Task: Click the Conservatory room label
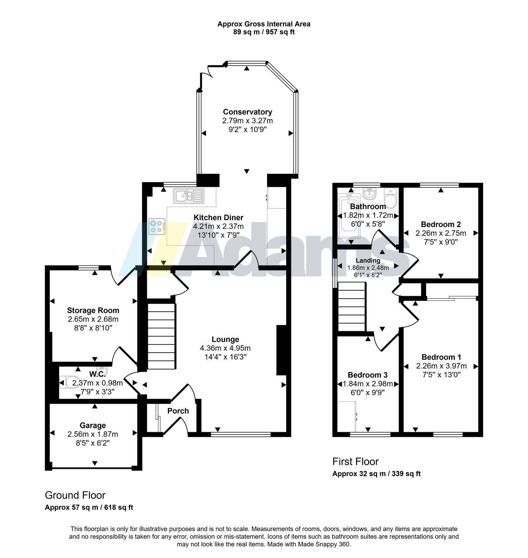click(x=247, y=112)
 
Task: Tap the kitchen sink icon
click(x=189, y=196)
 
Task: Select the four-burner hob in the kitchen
click(x=157, y=227)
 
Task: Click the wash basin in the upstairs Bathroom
click(x=369, y=194)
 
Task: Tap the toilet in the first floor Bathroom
click(x=391, y=198)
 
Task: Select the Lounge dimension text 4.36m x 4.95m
click(x=225, y=348)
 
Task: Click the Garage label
click(x=93, y=426)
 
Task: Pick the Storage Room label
click(x=93, y=310)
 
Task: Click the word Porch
click(x=178, y=411)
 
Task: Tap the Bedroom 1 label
click(x=442, y=357)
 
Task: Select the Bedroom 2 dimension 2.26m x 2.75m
click(x=441, y=233)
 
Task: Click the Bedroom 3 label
click(x=368, y=375)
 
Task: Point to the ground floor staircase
click(x=161, y=336)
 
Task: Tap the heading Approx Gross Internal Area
click(x=264, y=24)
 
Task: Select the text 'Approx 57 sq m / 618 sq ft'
click(x=89, y=507)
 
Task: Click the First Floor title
click(x=355, y=462)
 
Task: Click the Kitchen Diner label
click(x=218, y=218)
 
